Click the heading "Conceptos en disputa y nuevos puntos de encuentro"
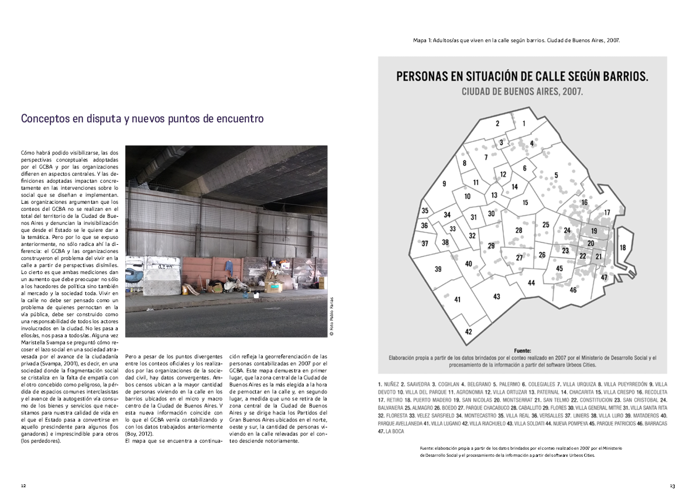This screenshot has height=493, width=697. click(142, 119)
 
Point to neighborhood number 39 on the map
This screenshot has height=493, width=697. click(438, 269)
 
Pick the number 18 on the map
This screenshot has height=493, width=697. click(623, 248)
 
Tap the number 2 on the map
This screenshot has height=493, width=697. click(497, 124)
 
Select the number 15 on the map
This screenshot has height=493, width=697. click(526, 203)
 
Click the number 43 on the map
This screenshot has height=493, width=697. click(496, 297)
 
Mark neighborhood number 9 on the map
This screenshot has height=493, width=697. click(444, 184)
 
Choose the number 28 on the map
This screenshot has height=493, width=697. click(519, 231)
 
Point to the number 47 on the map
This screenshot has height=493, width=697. click(604, 278)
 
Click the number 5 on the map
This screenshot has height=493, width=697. click(556, 175)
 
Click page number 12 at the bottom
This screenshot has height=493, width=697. click(23, 485)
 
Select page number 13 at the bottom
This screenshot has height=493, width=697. click(672, 485)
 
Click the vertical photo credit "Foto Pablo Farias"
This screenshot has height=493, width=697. click(331, 316)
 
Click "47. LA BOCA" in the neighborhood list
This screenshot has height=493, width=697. click(392, 432)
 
